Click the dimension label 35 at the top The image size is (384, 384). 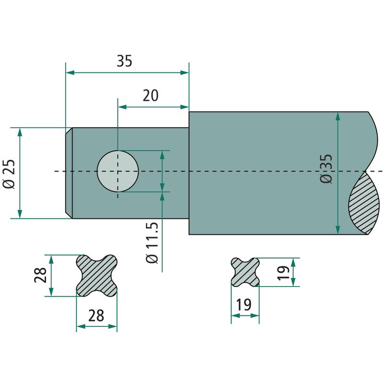(x=124, y=61)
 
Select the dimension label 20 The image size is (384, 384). (x=151, y=96)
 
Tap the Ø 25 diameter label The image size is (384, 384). (x=9, y=174)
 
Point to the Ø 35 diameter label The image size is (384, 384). (x=326, y=168)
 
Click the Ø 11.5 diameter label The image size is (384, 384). (x=152, y=243)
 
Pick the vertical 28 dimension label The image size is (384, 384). (x=40, y=275)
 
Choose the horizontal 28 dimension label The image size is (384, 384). (x=96, y=315)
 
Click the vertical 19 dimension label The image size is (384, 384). (x=283, y=272)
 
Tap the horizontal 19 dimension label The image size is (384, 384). (x=244, y=304)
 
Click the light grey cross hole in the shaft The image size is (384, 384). (x=118, y=171)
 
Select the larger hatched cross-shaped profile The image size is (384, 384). (x=97, y=276)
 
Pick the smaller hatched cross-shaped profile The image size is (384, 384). (x=245, y=272)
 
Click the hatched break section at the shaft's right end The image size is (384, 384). (x=364, y=203)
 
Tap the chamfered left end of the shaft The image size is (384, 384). (x=69, y=173)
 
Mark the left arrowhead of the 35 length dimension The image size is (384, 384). (x=70, y=72)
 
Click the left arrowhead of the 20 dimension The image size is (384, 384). (x=122, y=107)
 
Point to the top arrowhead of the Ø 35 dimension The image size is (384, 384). (x=338, y=117)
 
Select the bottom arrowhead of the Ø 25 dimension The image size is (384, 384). (x=20, y=214)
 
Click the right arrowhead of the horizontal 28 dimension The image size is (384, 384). (x=113, y=326)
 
